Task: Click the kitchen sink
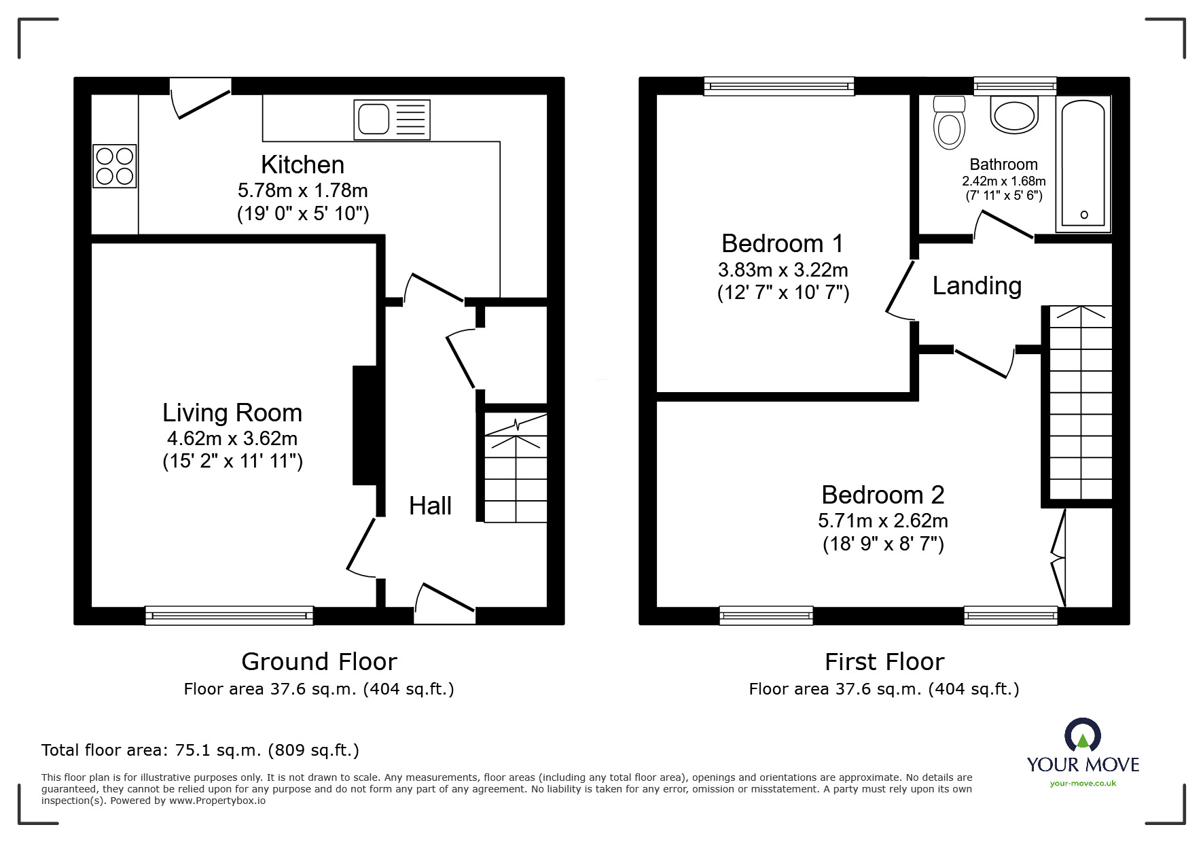(392, 120)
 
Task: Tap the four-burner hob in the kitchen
(115, 166)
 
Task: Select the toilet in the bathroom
(950, 123)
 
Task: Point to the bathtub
(1083, 164)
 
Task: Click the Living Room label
(232, 413)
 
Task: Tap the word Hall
(430, 506)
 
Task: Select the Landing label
(977, 286)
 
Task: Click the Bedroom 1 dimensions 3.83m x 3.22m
(783, 270)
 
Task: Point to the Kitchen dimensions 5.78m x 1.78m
(303, 190)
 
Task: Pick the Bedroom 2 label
(883, 495)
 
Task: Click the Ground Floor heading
(319, 661)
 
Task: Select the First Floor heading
(884, 661)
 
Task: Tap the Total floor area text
(200, 750)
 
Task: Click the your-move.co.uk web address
(1083, 784)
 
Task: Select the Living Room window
(230, 616)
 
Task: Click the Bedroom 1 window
(779, 86)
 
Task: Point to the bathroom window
(1015, 86)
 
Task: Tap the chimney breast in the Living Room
(365, 425)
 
